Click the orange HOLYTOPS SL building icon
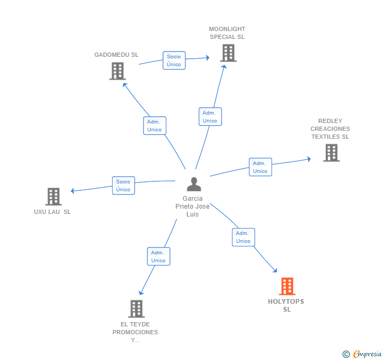(287, 286)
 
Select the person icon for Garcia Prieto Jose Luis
(194, 184)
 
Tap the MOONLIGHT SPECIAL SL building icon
(228, 53)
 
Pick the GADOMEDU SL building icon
(117, 71)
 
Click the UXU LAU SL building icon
(53, 197)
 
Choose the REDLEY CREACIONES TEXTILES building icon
(331, 152)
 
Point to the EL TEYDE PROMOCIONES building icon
(136, 308)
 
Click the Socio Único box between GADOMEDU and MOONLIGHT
(174, 60)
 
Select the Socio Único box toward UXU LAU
(123, 186)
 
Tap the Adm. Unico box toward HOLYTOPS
(243, 237)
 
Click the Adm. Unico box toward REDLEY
(260, 167)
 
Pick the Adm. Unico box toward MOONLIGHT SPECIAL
(210, 117)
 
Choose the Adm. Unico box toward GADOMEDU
(155, 126)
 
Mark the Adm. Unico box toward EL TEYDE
(158, 256)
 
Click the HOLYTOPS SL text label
(286, 305)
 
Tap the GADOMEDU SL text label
(116, 55)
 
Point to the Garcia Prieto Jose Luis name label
(193, 207)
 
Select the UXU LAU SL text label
(52, 212)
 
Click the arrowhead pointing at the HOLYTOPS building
(275, 270)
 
